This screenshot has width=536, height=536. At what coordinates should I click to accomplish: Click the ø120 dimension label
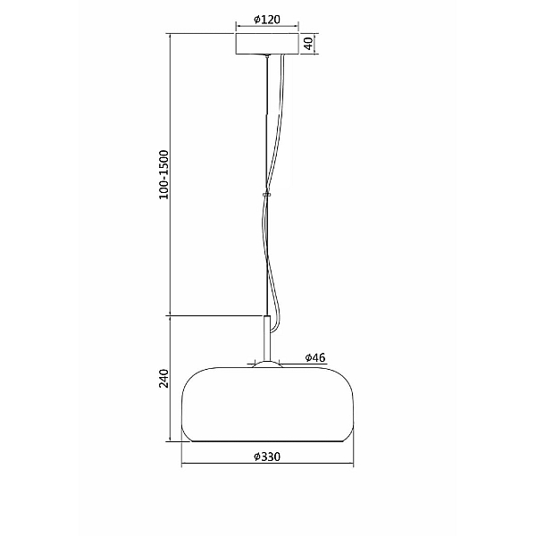click(x=267, y=20)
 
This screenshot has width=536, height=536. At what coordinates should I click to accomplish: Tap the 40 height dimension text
click(x=309, y=44)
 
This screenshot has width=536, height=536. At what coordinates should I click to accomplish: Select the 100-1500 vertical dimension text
click(x=164, y=174)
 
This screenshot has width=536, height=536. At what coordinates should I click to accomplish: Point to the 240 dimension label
click(x=164, y=378)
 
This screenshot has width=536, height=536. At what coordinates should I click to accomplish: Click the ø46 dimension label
click(x=315, y=357)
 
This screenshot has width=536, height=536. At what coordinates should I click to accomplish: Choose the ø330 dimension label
click(x=267, y=456)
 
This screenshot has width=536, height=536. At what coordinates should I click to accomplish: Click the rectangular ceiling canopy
click(x=267, y=44)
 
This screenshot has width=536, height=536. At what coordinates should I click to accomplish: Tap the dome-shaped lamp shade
click(x=267, y=405)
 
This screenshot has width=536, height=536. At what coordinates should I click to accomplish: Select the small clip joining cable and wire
click(x=266, y=195)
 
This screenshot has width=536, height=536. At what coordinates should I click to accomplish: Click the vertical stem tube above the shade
click(x=266, y=339)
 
